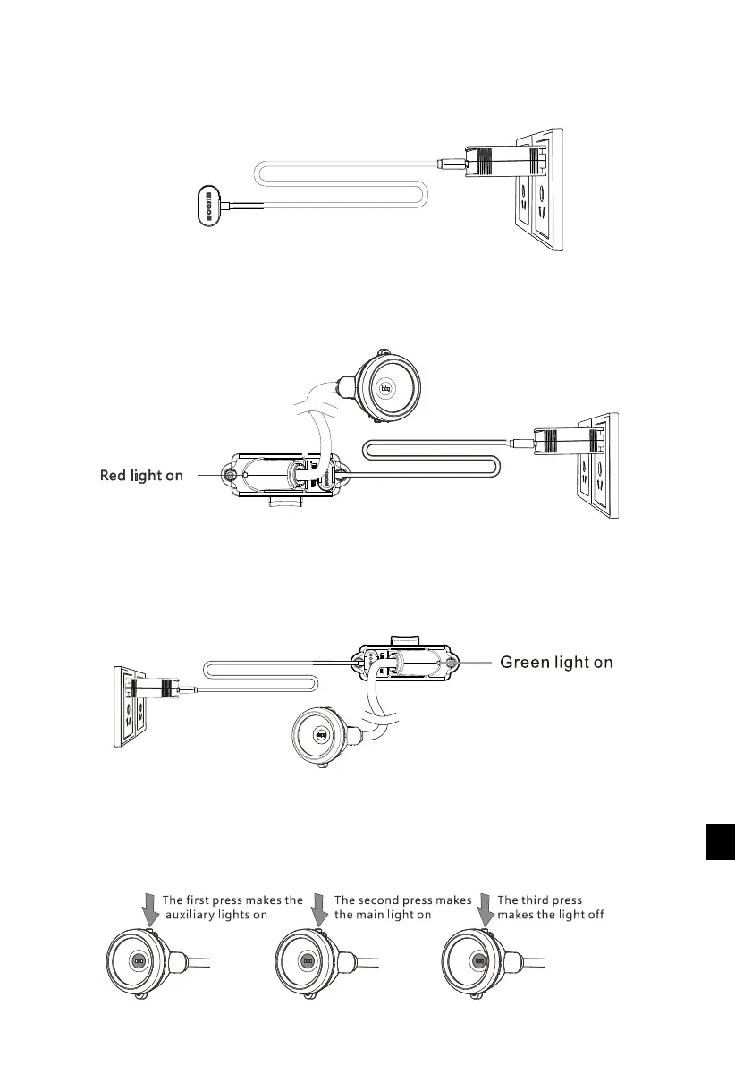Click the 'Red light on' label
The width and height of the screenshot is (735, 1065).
[x=141, y=476]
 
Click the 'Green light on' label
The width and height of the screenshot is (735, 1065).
[x=555, y=663]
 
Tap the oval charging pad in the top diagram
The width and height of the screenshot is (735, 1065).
[x=207, y=206]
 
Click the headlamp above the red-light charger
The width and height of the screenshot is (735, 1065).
[x=388, y=388]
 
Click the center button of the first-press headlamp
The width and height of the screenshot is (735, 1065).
[x=138, y=962]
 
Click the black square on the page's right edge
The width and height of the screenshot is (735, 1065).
[x=720, y=842]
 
